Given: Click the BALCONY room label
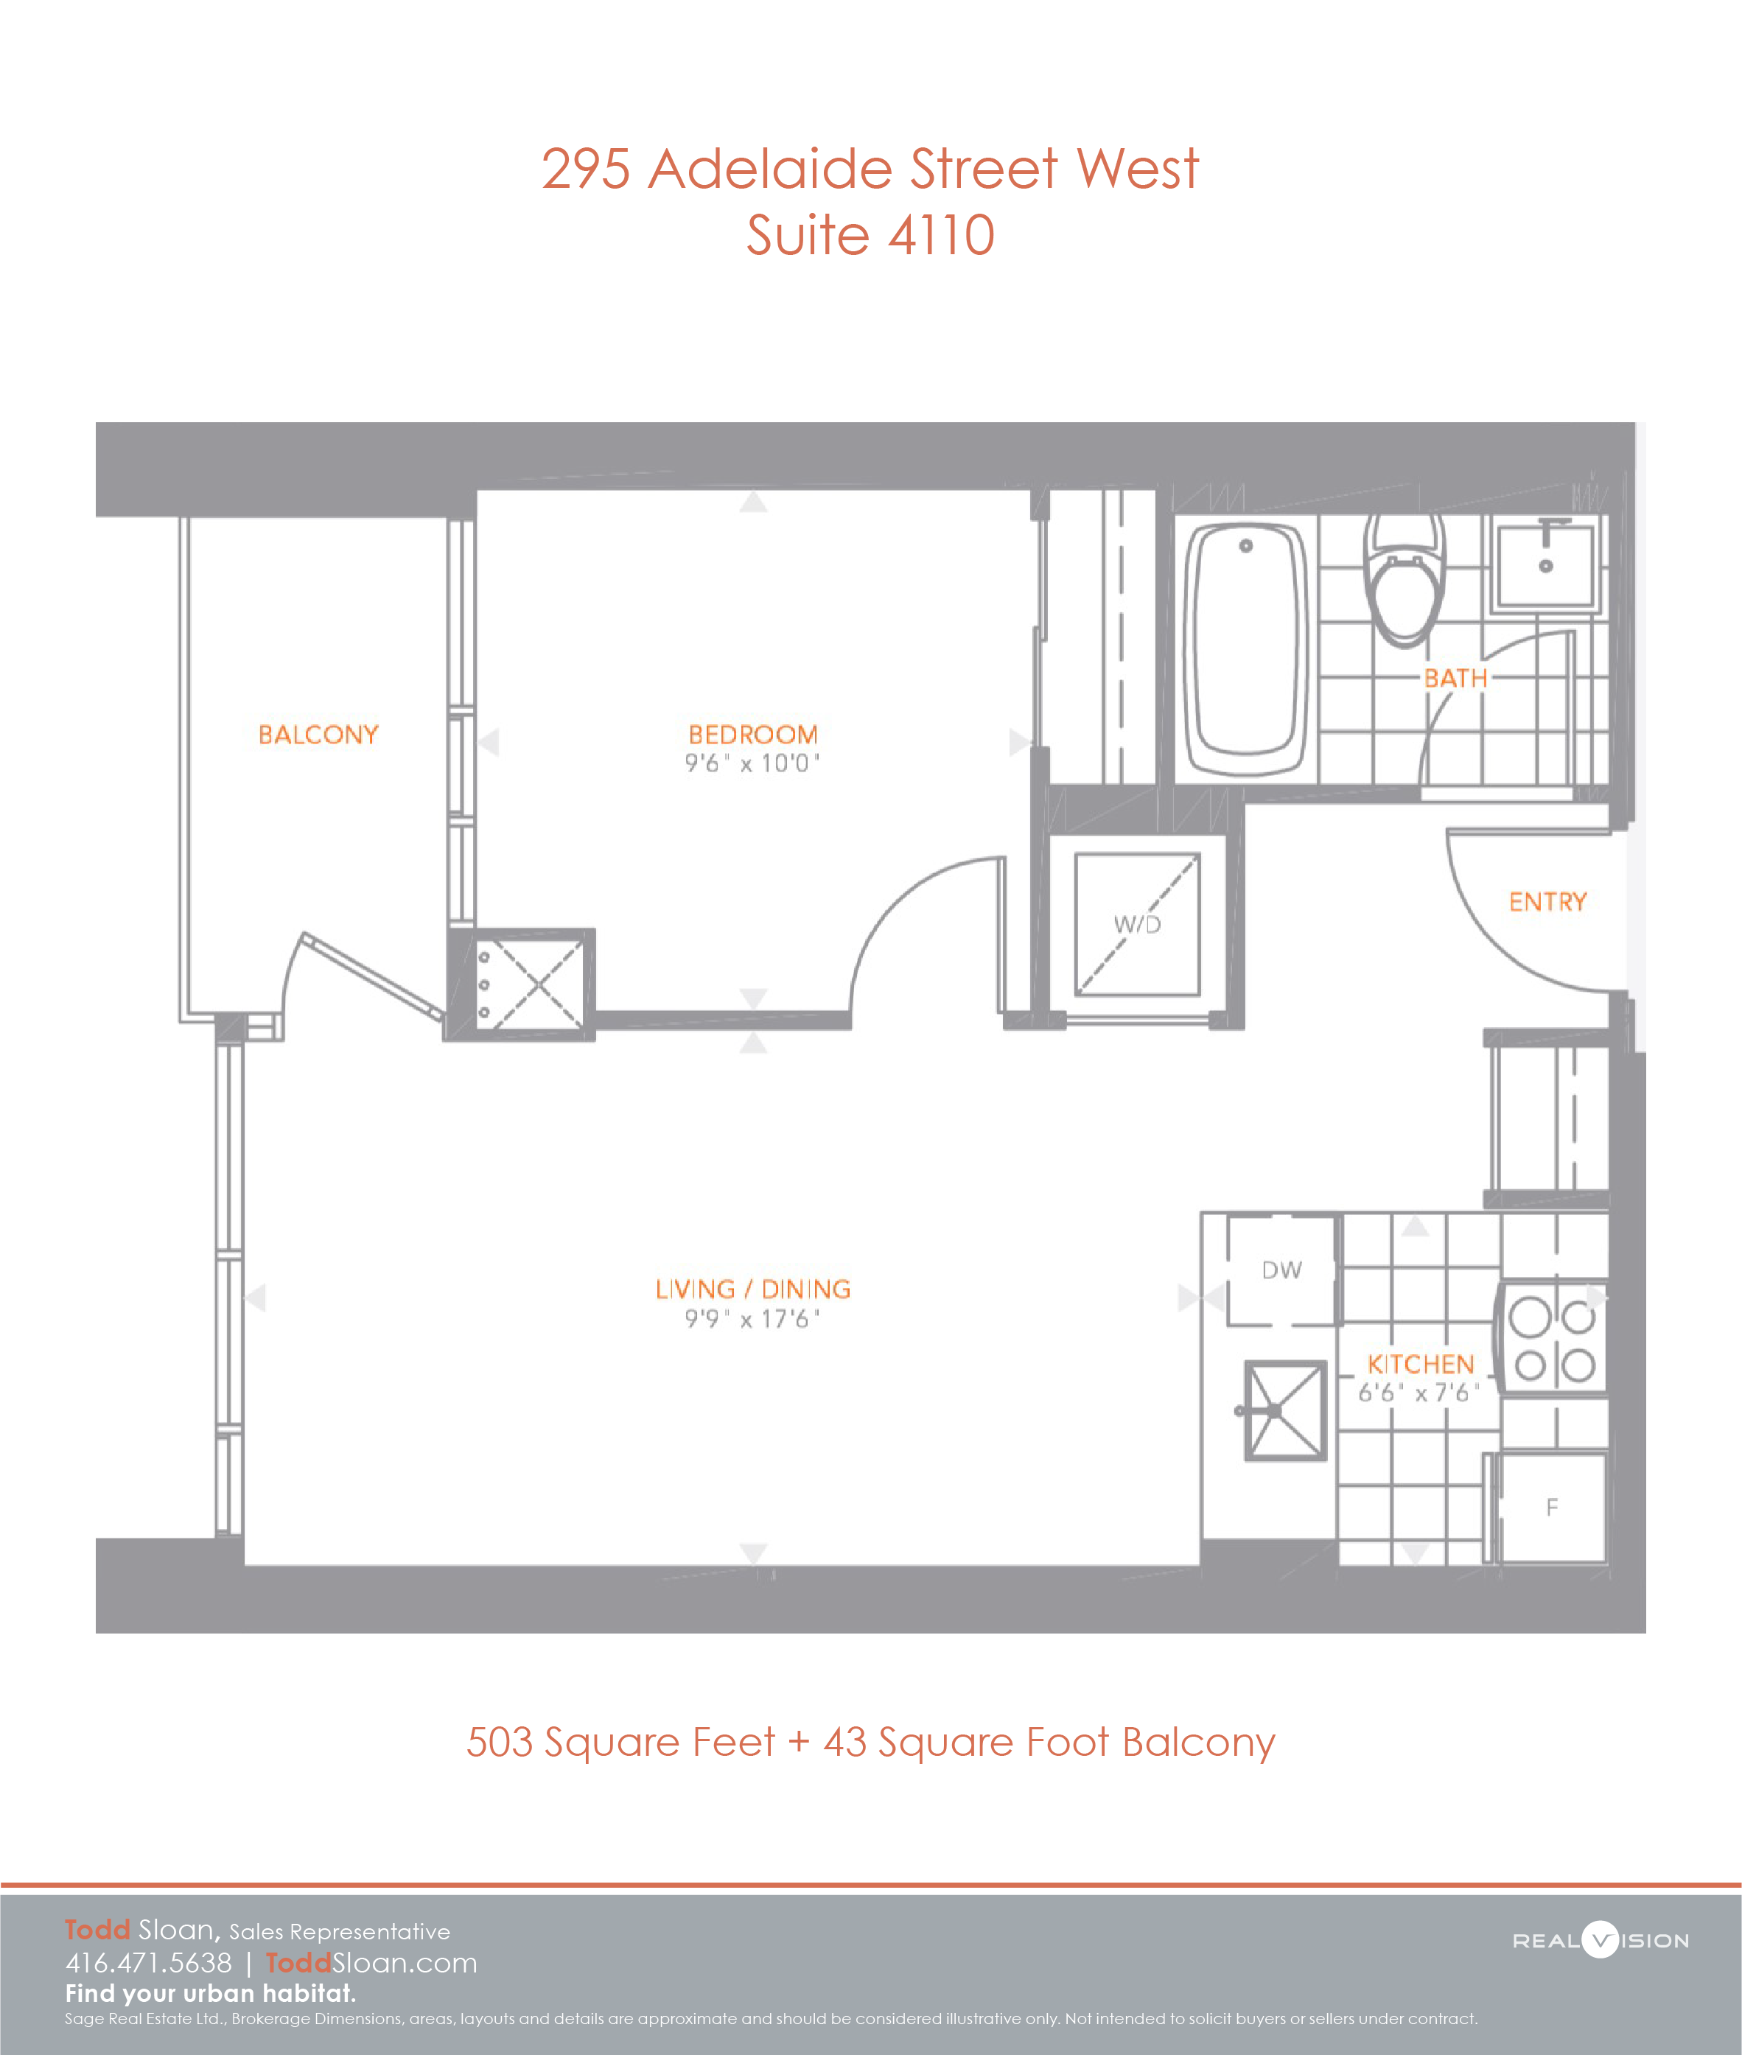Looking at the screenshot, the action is click(318, 735).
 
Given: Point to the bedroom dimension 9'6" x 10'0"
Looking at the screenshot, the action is click(752, 763).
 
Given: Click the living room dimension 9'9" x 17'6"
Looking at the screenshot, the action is click(752, 1320).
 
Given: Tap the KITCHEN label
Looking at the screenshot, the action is click(1420, 1365).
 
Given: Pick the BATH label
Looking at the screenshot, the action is click(1455, 679).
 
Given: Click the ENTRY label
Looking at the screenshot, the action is click(1547, 902).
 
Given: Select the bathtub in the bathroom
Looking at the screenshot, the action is click(1246, 649).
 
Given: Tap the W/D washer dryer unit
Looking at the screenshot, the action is click(1138, 924).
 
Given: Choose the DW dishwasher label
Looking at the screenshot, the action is click(1281, 1270).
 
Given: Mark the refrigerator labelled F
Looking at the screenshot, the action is click(1551, 1507).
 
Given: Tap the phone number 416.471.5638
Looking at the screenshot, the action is click(148, 1962).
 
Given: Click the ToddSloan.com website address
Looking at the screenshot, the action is click(371, 1962).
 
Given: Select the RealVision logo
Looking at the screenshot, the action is click(1601, 1941).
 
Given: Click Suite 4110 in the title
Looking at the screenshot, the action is click(870, 235).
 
